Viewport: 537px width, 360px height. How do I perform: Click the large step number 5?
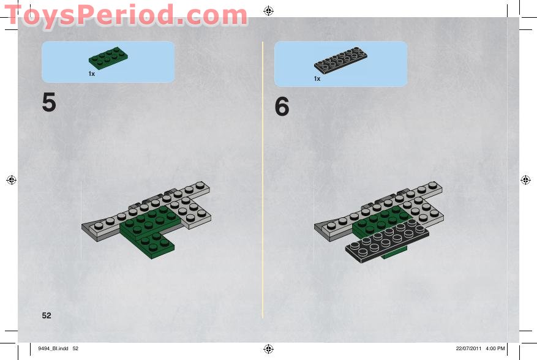(x=48, y=102)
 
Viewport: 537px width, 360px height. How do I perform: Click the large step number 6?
(x=282, y=106)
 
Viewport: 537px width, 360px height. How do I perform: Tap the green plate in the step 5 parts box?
(x=108, y=58)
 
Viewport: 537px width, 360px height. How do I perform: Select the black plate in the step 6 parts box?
(x=340, y=60)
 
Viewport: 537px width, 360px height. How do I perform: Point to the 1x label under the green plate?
(x=92, y=73)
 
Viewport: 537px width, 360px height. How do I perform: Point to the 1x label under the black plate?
(x=317, y=79)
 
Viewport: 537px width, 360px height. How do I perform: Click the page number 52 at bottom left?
(x=47, y=315)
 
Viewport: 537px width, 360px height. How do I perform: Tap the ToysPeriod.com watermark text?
(x=126, y=15)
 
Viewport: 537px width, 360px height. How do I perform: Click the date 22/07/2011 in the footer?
(x=468, y=348)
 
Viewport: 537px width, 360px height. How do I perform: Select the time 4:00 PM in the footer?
(x=495, y=348)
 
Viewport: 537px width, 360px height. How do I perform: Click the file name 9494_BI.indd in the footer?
(x=53, y=348)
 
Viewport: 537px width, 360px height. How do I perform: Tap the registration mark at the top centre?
(x=268, y=11)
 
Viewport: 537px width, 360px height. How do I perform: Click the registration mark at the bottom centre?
(x=268, y=349)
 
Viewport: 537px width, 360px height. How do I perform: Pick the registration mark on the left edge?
(x=11, y=180)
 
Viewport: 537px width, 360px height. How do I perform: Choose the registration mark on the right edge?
(x=525, y=180)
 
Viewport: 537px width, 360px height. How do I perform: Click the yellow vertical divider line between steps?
(x=263, y=180)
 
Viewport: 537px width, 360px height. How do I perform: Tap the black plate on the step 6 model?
(x=387, y=241)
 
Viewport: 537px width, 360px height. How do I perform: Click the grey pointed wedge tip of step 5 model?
(x=83, y=226)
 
